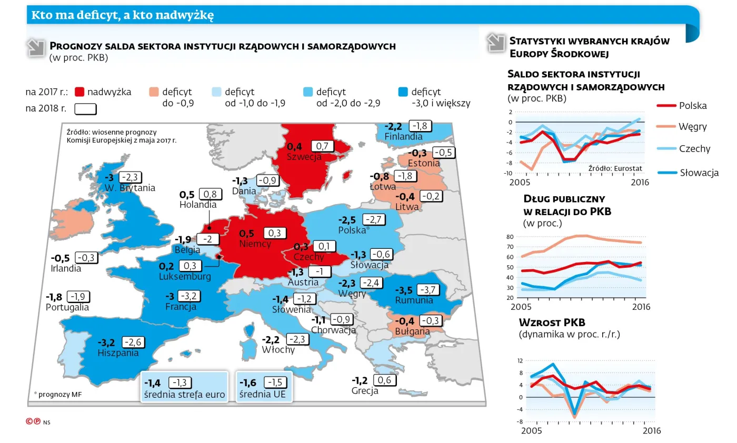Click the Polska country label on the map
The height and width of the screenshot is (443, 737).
tap(352, 230)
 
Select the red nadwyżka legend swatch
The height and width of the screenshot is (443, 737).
tap(79, 92)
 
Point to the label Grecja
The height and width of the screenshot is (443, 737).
tap(365, 391)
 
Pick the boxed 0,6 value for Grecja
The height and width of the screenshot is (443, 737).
tap(384, 380)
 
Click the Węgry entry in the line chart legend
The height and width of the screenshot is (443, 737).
tap(692, 127)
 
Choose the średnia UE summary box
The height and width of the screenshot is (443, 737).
tap(263, 388)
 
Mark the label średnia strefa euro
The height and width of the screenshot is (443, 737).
tap(184, 395)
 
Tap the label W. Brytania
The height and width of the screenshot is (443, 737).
tap(130, 188)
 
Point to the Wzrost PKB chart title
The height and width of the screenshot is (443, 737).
tap(552, 323)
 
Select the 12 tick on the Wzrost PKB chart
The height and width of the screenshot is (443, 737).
tap(520, 361)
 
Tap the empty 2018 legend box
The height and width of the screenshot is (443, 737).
tap(86, 109)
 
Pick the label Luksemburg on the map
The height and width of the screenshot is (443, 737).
tap(185, 277)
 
